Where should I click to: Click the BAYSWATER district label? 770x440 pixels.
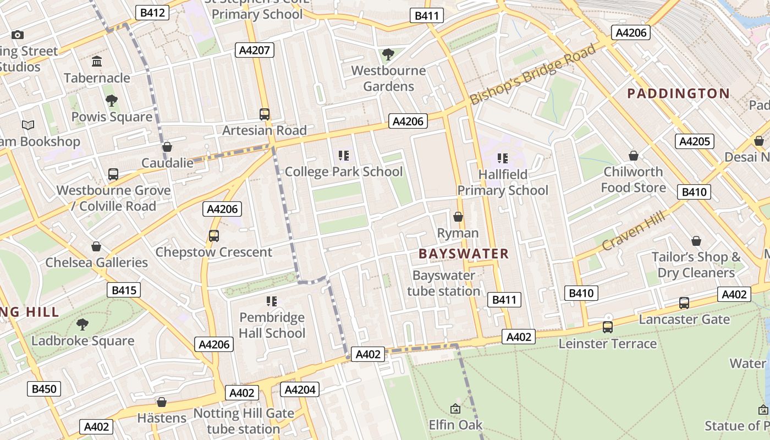tap(464, 254)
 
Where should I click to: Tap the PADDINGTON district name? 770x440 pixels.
tap(678, 94)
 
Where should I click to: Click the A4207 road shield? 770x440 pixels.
tap(254, 51)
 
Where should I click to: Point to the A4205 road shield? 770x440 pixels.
tap(694, 141)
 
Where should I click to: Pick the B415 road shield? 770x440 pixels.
tap(124, 290)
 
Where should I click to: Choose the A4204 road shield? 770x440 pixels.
tap(299, 390)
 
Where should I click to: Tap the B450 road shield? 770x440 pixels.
tap(44, 389)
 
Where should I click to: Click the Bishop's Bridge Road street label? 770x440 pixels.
tap(532, 74)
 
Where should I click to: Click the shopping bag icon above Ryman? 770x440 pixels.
tap(458, 217)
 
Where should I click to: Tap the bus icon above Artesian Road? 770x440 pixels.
tap(265, 114)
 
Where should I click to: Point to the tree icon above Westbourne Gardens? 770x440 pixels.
tap(388, 54)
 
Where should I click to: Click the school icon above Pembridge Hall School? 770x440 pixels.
tap(271, 301)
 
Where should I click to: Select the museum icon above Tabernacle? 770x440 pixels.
tap(97, 61)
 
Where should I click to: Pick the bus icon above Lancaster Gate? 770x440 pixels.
tap(684, 302)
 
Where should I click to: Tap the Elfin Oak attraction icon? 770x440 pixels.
tap(455, 409)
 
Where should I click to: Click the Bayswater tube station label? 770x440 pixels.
tap(443, 283)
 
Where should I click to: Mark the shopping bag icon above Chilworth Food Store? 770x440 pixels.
tap(633, 156)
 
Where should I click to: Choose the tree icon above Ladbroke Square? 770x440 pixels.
tap(82, 324)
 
